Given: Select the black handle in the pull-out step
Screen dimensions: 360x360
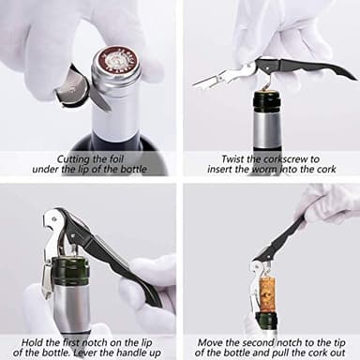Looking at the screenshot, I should (x=286, y=240).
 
